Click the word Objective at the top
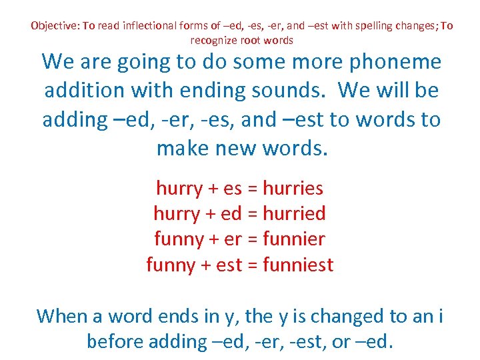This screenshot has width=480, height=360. [x=54, y=26]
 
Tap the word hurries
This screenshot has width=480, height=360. [x=293, y=188]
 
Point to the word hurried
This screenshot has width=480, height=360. [x=294, y=213]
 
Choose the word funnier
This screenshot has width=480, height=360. [x=294, y=239]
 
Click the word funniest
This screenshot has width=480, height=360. [x=298, y=265]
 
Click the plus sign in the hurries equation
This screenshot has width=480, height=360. [x=213, y=189]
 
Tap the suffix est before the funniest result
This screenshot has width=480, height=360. [x=229, y=265]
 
